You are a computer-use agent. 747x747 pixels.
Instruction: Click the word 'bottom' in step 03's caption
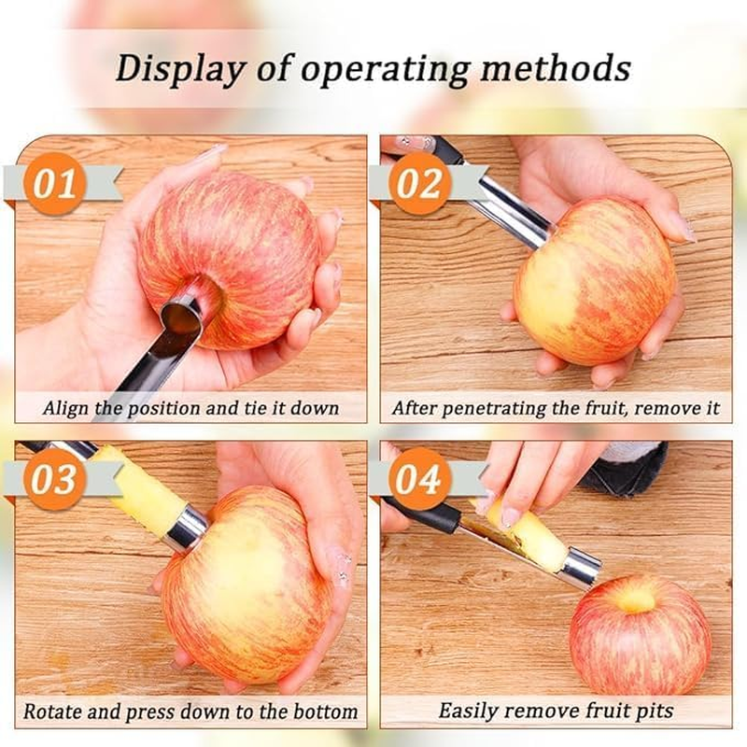click(x=323, y=711)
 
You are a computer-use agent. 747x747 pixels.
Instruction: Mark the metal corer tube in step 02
click(x=509, y=205)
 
